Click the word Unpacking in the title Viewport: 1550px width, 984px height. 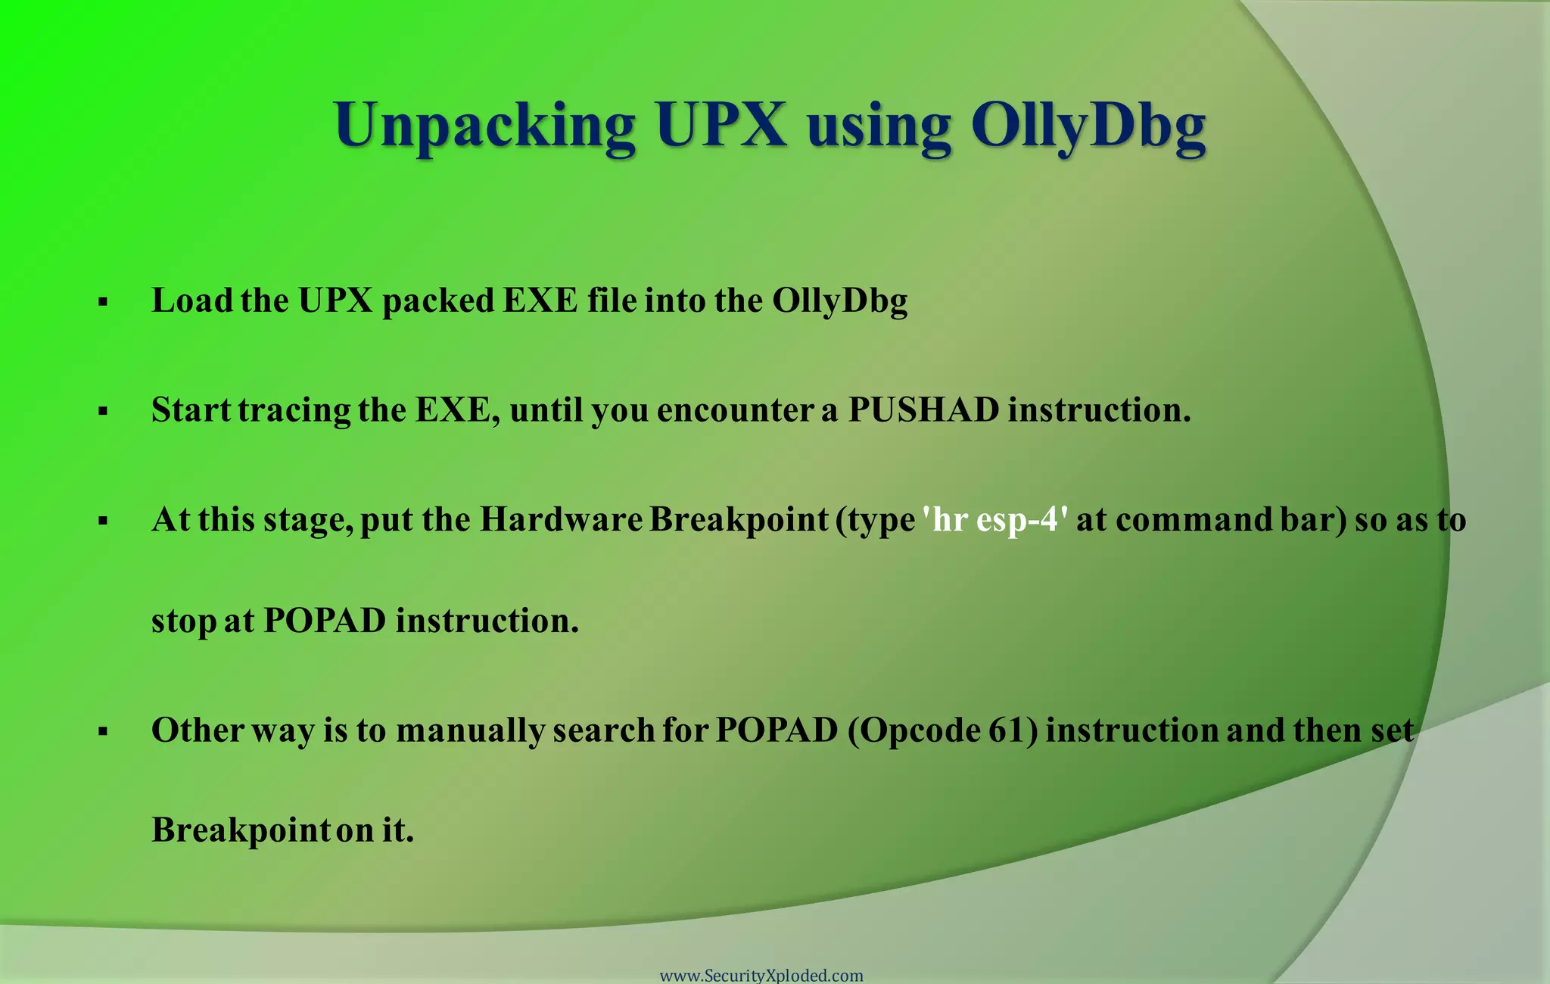[484, 126]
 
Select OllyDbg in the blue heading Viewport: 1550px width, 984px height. [1088, 126]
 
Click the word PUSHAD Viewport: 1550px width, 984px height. [923, 410]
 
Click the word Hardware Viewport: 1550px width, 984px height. [561, 520]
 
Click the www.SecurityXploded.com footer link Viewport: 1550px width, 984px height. [761, 976]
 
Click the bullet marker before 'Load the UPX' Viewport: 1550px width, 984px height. [104, 304]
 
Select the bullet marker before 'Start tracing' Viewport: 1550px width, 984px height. [104, 413]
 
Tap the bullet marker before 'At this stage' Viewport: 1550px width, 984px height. [104, 522]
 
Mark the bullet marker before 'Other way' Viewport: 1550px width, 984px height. [104, 732]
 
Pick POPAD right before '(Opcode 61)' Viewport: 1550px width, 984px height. [777, 730]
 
